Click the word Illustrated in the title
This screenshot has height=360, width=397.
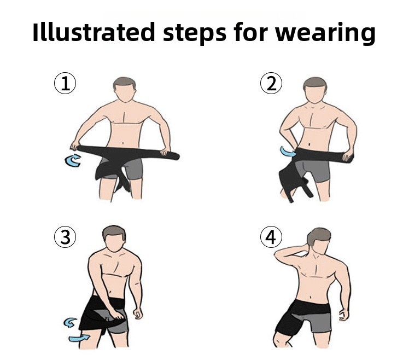[94, 32]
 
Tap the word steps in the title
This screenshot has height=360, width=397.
[194, 33]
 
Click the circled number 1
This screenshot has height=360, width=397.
[65, 84]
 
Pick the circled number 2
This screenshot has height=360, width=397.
[271, 83]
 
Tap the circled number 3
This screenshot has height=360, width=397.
[65, 237]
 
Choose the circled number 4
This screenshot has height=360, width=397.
[271, 237]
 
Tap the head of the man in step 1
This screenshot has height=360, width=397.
[124, 90]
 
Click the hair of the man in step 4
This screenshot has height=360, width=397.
[318, 236]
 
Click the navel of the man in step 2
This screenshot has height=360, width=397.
[310, 144]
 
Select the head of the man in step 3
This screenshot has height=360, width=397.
[114, 238]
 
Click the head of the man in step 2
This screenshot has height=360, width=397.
[315, 89]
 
